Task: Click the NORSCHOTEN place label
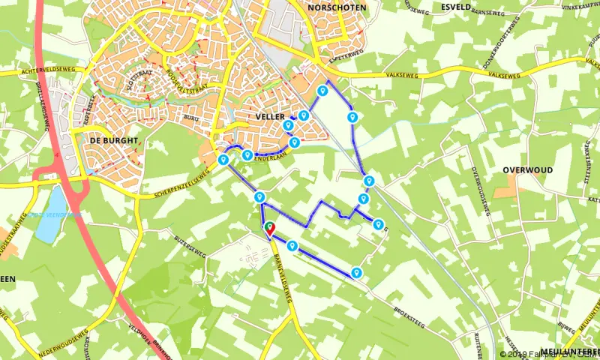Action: point(336,7)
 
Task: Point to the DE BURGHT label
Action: point(114,141)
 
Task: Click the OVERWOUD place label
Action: point(528,170)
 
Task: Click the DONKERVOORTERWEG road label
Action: point(494,43)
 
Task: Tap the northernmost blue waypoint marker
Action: point(322,91)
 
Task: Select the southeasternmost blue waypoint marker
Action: point(357,272)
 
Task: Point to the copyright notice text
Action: point(550,354)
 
